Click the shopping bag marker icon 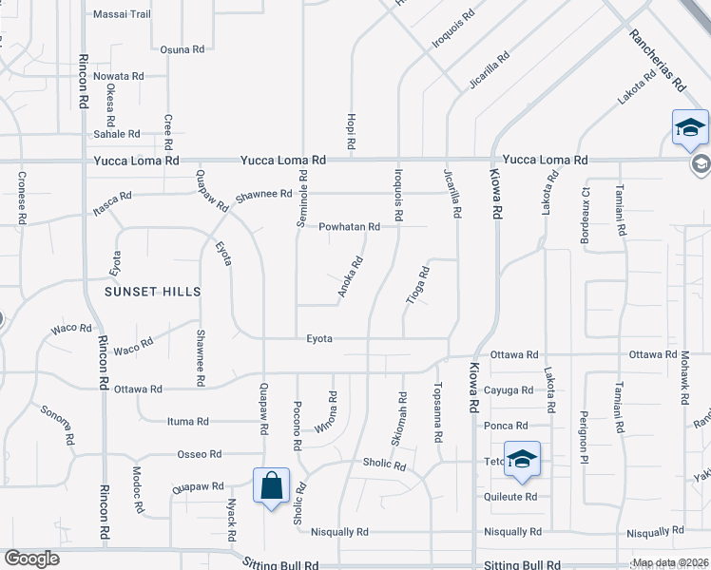(271, 485)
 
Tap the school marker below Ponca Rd (521, 460)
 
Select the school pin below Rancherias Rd (690, 128)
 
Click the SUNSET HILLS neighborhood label (153, 292)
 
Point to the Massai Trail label (122, 14)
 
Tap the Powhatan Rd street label (349, 227)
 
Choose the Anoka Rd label (351, 278)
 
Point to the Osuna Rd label (183, 49)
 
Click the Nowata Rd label (119, 76)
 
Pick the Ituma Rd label (187, 421)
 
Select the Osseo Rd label (199, 454)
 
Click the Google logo (31, 559)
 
